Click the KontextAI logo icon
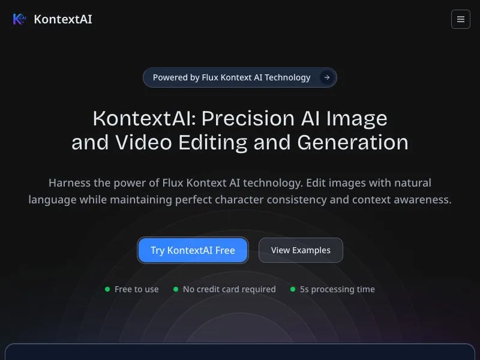[x=19, y=19]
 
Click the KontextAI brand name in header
[x=63, y=19]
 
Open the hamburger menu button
[x=460, y=19]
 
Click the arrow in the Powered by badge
[x=327, y=77]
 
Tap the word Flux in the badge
[x=210, y=77]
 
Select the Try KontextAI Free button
[x=193, y=250]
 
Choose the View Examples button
[x=301, y=250]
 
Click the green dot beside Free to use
[x=107, y=289]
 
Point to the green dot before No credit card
[x=176, y=289]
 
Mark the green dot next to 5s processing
[x=293, y=289]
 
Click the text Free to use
[x=137, y=289]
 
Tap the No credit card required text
[x=229, y=289]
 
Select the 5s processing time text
[x=337, y=289]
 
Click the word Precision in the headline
[x=248, y=118]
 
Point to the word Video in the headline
[x=143, y=142]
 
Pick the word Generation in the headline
[x=353, y=142]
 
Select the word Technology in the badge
[x=287, y=78]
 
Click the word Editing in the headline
[x=213, y=143]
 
